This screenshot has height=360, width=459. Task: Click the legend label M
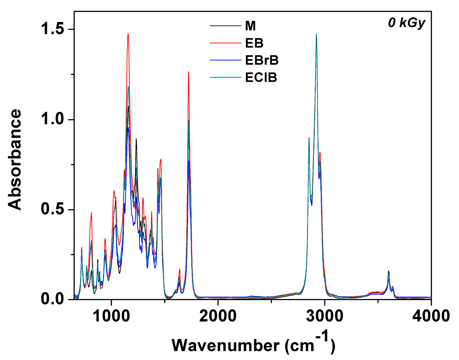point(250,26)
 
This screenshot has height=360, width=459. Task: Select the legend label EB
point(254,43)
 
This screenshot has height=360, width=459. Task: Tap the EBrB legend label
point(262,60)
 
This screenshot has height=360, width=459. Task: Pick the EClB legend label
point(261,77)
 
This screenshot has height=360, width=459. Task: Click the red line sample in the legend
point(225,43)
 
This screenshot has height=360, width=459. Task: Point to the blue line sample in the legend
point(225,60)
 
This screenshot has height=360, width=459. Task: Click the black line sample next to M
point(225,26)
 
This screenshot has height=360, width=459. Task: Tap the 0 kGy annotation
point(407,23)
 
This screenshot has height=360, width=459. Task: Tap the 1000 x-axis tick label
point(111,316)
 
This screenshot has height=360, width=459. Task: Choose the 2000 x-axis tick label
point(218,316)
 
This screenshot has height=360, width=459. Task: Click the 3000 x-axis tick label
point(325,316)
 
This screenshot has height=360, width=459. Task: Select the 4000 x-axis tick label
point(431,316)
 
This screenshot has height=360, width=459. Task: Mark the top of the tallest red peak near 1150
point(128,34)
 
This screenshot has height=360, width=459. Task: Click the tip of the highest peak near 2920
point(316,34)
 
